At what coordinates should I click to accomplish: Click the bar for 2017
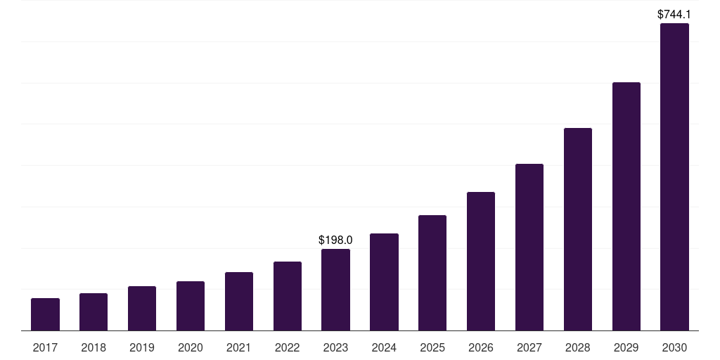tap(45, 314)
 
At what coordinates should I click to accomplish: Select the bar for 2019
tap(142, 308)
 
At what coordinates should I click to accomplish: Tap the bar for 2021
tap(239, 301)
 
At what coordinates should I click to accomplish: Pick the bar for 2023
tap(335, 290)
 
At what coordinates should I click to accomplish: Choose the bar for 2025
tap(432, 273)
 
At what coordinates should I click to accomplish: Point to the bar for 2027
tap(529, 247)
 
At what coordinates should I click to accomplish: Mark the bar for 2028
tap(578, 229)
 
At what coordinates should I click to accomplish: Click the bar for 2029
tap(626, 206)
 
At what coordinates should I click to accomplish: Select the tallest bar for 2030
tap(674, 176)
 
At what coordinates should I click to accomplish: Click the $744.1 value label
tap(674, 14)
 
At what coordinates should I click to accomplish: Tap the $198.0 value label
tap(335, 240)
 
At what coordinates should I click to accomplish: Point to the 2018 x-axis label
tap(94, 347)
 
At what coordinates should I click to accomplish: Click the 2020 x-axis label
tap(191, 347)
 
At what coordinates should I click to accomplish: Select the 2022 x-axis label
tap(288, 347)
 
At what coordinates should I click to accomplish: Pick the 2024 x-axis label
tap(384, 347)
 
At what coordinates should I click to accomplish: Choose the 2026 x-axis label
tap(481, 347)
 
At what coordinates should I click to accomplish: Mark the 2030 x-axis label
tap(674, 347)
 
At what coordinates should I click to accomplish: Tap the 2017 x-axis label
tap(45, 347)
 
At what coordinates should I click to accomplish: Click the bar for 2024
tap(384, 282)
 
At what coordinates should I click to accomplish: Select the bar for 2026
tap(481, 261)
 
